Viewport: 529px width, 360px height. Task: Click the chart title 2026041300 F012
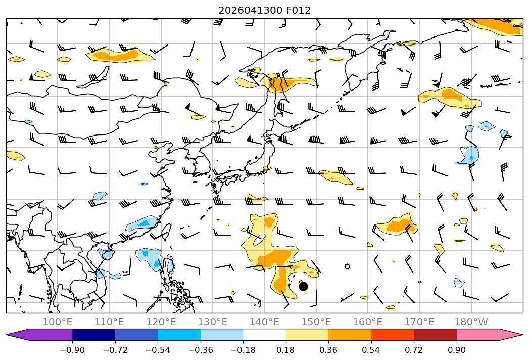coord(264,10)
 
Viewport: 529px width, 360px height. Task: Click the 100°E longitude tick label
coord(58,322)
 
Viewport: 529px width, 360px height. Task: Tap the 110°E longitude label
coord(109,322)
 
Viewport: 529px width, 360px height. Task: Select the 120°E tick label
coord(161,322)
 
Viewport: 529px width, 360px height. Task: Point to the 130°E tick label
coord(213,322)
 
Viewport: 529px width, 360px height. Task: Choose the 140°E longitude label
coord(264,322)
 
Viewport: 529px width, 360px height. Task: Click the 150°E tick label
coord(316,322)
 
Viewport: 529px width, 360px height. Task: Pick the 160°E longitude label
coord(368,322)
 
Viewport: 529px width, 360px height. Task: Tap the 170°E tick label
coord(419,322)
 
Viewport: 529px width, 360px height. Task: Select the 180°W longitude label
coord(471,322)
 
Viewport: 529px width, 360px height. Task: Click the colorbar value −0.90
coord(72,350)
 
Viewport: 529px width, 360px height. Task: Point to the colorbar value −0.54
coord(158,350)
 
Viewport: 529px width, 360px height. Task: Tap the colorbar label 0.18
coord(286,350)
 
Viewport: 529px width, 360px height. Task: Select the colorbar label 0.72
coord(414,350)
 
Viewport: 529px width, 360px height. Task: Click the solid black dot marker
coord(303,286)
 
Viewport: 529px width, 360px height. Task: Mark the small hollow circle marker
coord(347,266)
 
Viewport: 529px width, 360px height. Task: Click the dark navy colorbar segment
coord(93,335)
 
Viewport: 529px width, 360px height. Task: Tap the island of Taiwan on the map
coord(166,232)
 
